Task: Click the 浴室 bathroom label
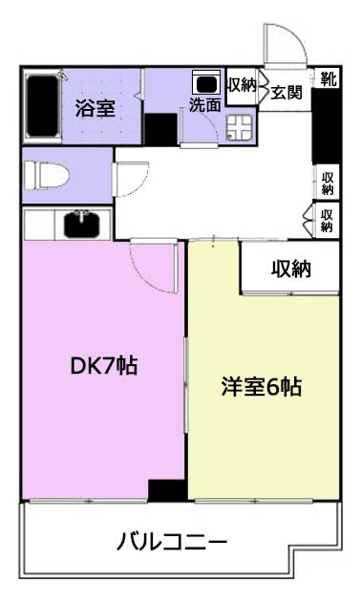click(x=95, y=108)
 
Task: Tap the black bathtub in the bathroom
click(x=42, y=105)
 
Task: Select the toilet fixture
click(x=46, y=175)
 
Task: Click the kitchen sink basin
click(x=82, y=225)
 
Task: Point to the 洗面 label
click(x=205, y=104)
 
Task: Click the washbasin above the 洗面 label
click(x=206, y=82)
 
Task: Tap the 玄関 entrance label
click(x=286, y=93)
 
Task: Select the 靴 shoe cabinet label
click(x=328, y=78)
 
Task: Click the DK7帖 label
click(x=104, y=366)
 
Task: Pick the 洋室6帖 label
click(x=262, y=387)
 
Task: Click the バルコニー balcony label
click(x=172, y=542)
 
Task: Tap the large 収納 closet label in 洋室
click(x=290, y=269)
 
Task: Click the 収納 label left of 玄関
click(x=242, y=85)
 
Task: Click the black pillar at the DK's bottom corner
click(x=167, y=490)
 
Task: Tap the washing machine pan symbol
click(x=239, y=128)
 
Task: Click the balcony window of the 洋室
click(x=253, y=501)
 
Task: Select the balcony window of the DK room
click(x=88, y=501)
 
